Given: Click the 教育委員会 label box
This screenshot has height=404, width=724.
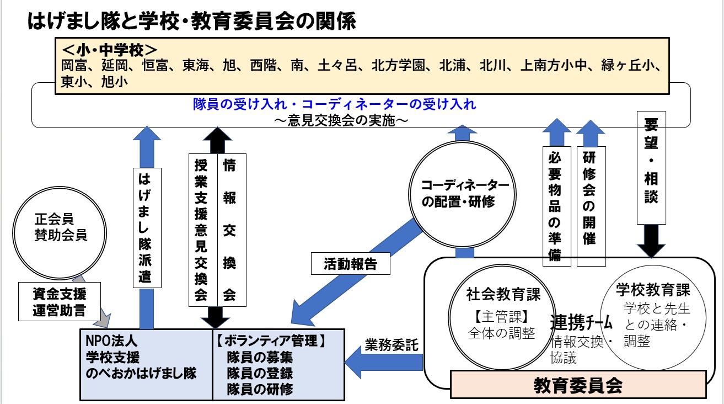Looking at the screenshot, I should tap(578, 385).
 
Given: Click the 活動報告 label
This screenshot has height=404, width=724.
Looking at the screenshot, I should tap(350, 264).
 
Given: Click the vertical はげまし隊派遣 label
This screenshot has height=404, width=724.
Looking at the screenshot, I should tap(147, 227).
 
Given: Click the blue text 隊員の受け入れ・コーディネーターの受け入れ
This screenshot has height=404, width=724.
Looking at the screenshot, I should tap(334, 104).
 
